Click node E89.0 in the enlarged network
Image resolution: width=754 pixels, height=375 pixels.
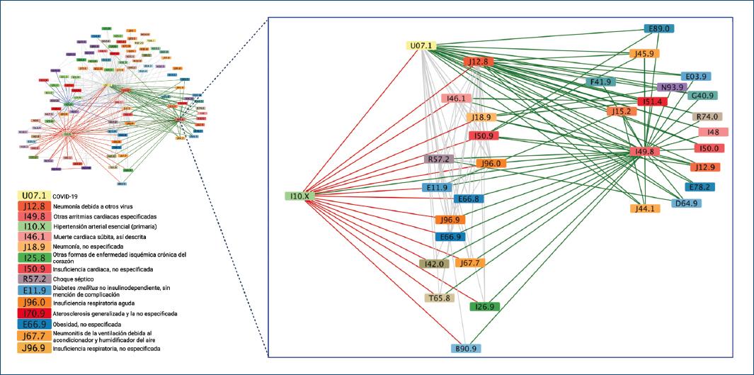658,28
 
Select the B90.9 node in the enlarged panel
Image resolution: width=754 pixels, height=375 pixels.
466,348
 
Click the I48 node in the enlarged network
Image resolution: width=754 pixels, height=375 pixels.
713,132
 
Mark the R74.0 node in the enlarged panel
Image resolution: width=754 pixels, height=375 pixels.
707,117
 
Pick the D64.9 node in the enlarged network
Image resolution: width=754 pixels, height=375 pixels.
686,203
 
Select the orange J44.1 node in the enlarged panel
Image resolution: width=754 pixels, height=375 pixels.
644,208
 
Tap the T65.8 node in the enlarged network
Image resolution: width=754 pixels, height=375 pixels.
439,298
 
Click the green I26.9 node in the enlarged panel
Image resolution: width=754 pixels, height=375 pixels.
484,306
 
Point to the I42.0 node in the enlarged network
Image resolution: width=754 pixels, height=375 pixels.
434,264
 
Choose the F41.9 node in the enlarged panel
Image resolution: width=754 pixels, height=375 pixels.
600,82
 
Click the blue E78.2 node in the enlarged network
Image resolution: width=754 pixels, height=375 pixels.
699,187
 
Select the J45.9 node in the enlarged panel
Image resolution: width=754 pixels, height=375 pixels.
644,54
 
